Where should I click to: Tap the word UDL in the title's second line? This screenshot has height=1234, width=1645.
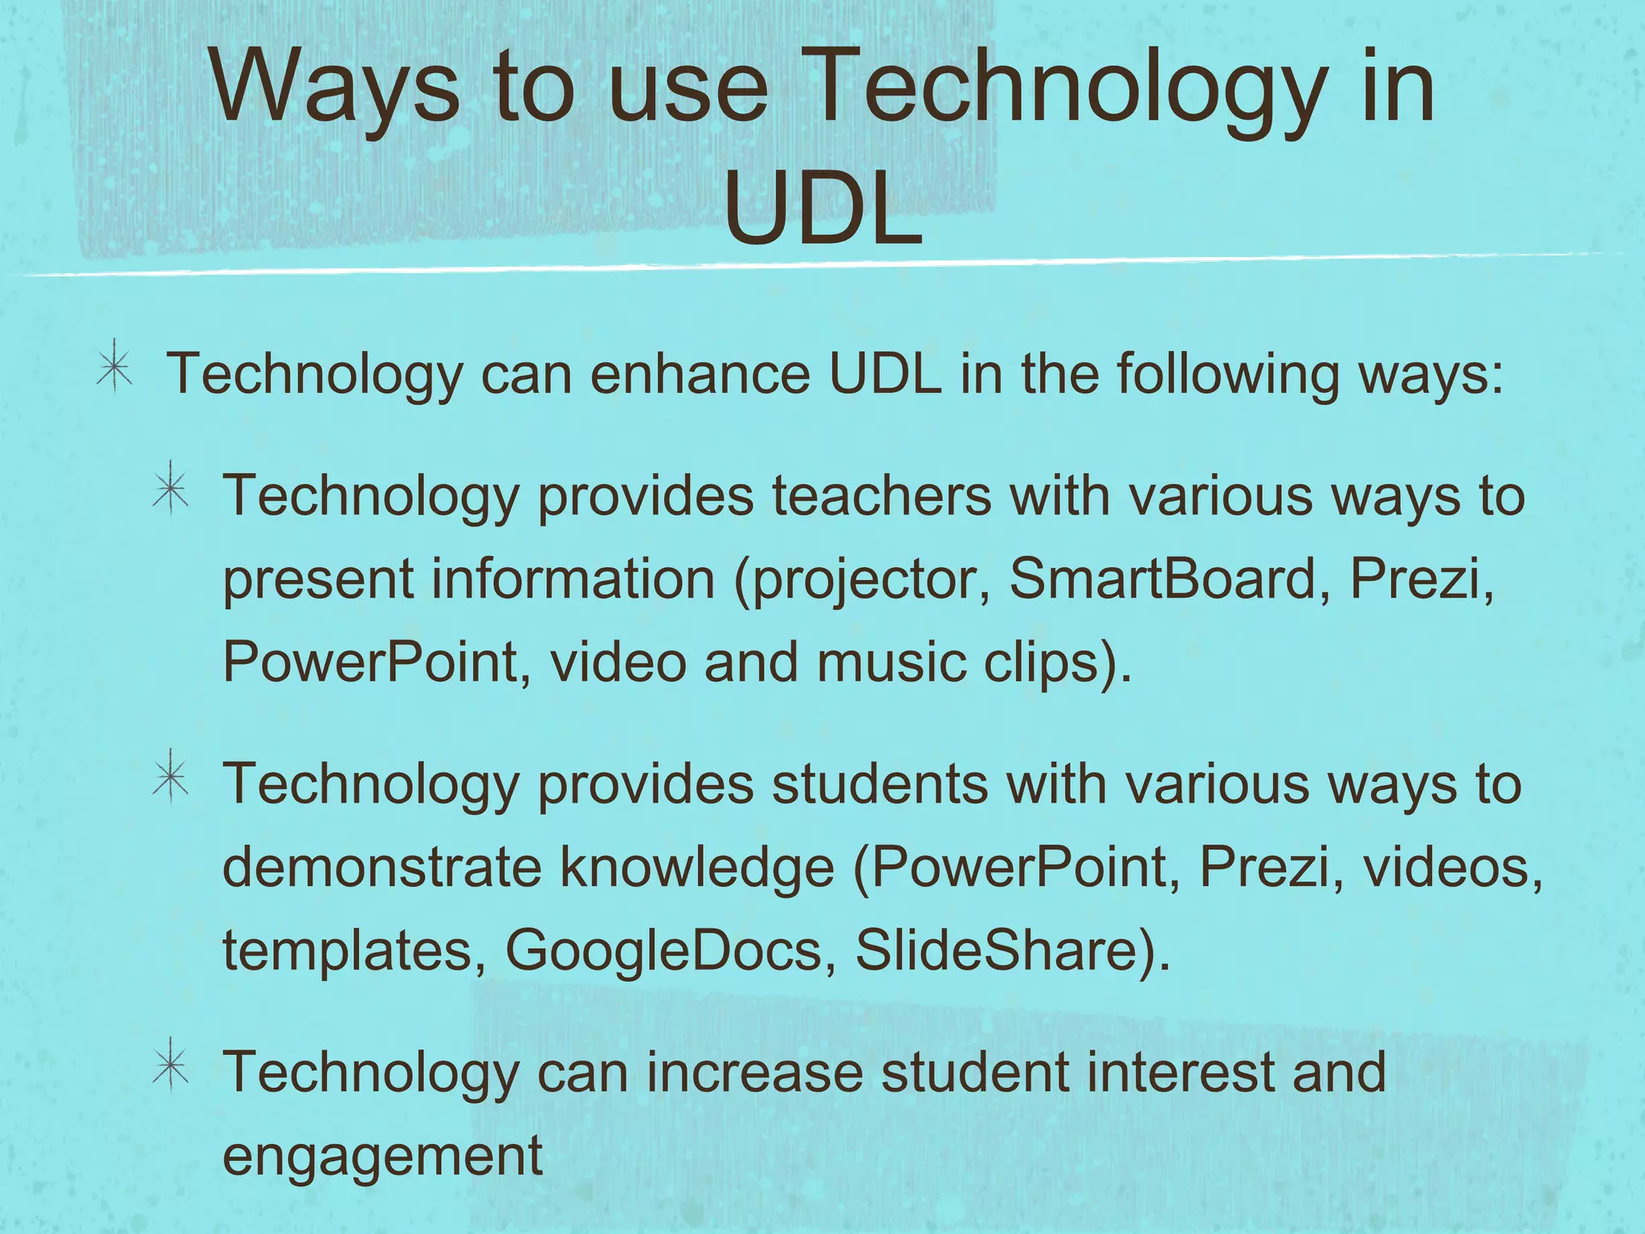pyautogui.click(x=822, y=210)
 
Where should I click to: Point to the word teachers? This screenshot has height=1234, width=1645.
pyautogui.click(x=881, y=496)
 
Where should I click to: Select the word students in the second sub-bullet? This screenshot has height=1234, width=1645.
pyautogui.click(x=879, y=783)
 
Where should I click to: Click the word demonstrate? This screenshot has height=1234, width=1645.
pyautogui.click(x=382, y=867)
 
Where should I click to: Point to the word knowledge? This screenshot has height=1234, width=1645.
pyautogui.click(x=696, y=868)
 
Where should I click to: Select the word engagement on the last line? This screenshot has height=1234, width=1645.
pyautogui.click(x=382, y=1157)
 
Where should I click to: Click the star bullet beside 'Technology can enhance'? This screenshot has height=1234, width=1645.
pyautogui.click(x=114, y=366)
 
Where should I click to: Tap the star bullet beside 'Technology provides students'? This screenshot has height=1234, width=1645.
pyautogui.click(x=170, y=776)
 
